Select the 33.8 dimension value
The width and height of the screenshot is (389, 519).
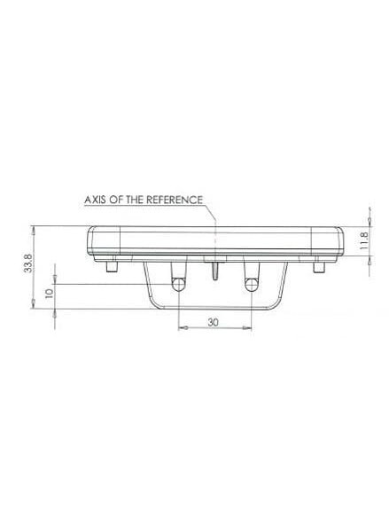pos(28,263)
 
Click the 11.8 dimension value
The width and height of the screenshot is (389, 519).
pos(363,241)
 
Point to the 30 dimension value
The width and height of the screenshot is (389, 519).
pos(214,322)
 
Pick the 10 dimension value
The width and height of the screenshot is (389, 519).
pos(50,294)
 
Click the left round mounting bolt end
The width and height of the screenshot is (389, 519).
pos(178,285)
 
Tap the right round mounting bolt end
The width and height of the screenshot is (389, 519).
pos(252,285)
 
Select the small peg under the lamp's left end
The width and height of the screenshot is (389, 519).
pos(112,267)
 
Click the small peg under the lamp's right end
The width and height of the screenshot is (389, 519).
pos(319,267)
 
